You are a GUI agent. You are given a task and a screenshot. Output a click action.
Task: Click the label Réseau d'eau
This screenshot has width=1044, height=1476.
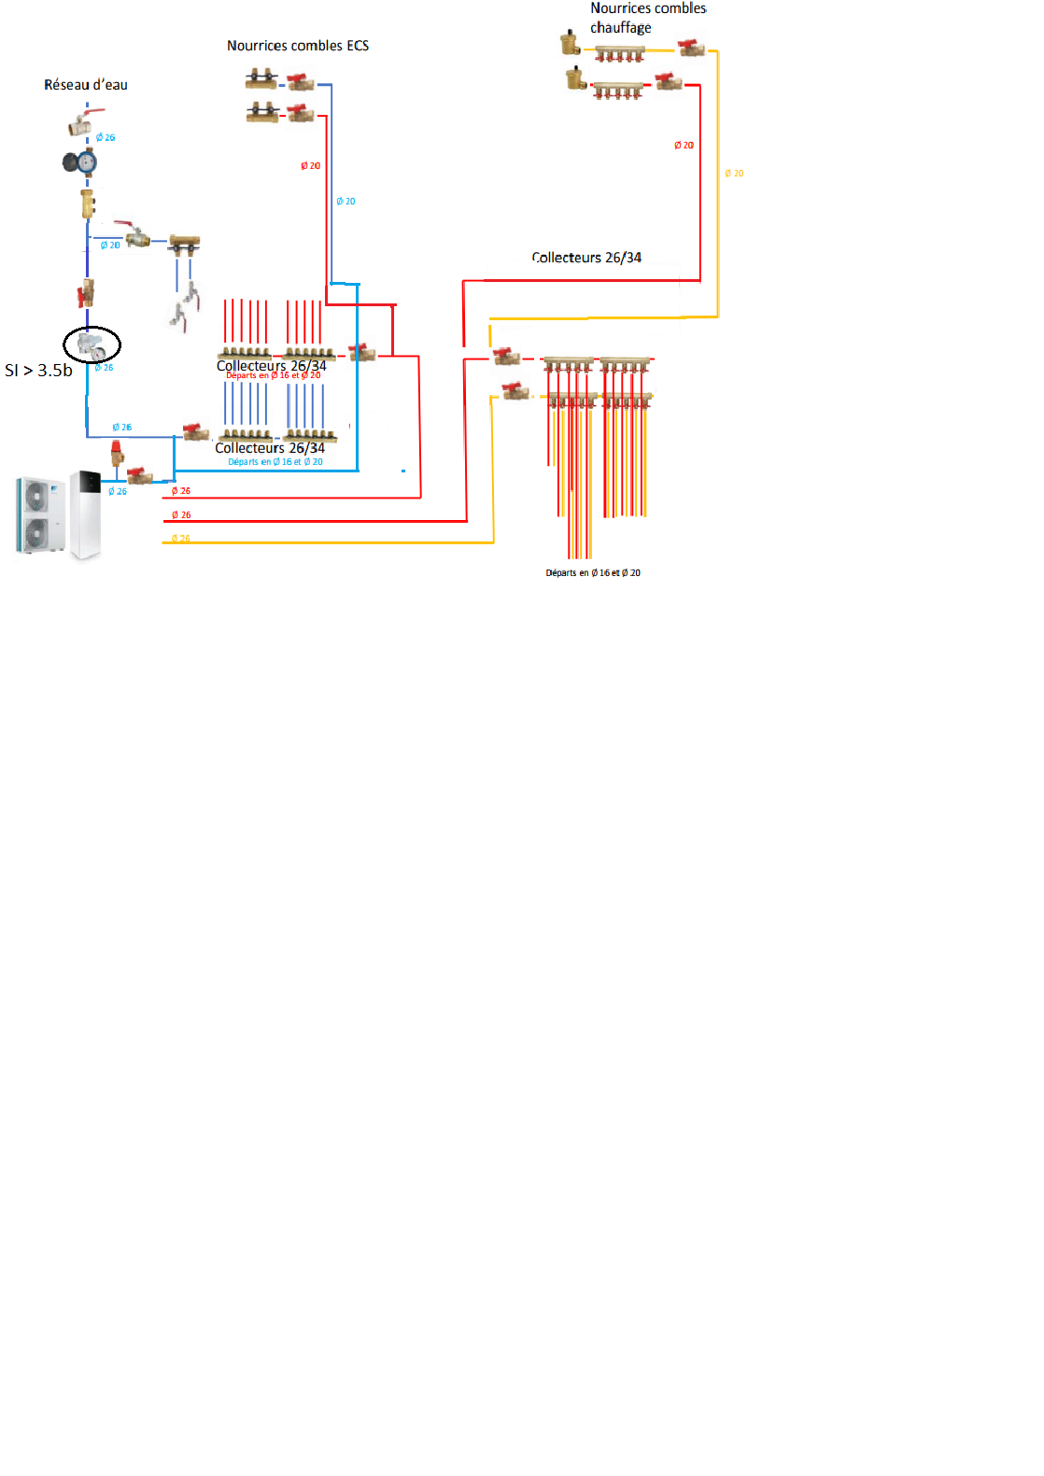click(x=86, y=85)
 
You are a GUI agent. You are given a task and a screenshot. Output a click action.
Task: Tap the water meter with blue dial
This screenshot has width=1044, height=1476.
click(x=81, y=162)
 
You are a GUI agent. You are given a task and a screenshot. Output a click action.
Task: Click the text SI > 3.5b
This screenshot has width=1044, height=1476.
click(x=38, y=371)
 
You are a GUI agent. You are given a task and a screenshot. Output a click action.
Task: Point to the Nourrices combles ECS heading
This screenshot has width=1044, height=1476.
click(x=298, y=46)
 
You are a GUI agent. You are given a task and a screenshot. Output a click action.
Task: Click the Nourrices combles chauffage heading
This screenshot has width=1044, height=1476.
click(x=647, y=18)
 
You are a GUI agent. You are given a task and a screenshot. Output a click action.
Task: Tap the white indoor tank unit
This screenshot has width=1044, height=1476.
click(x=86, y=514)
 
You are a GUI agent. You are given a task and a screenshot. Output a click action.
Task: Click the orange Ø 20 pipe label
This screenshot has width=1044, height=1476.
click(x=734, y=174)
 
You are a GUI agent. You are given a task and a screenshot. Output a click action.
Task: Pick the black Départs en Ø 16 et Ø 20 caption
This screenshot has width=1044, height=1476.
click(x=593, y=573)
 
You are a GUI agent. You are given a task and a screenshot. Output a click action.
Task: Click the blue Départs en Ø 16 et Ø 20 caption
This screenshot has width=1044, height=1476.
click(x=275, y=462)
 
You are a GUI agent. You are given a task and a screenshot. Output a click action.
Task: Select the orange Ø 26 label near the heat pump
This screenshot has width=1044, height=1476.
click(x=181, y=539)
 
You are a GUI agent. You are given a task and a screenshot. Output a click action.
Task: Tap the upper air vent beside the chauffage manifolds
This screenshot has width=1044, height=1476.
click(x=570, y=43)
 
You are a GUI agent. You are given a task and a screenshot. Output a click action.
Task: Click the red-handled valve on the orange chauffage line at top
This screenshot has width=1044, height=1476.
click(x=691, y=48)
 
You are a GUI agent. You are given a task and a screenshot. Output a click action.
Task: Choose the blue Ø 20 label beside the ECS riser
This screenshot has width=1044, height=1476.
click(x=346, y=202)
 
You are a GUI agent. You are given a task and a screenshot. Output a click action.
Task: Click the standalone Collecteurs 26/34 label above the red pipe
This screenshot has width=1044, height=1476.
click(x=586, y=258)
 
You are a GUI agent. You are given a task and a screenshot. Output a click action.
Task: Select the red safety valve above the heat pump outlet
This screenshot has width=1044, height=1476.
click(x=117, y=454)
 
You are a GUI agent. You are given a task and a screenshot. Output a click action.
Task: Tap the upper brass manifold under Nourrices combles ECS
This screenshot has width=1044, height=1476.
click(x=261, y=79)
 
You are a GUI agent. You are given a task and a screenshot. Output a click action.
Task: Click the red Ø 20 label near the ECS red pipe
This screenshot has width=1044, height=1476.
click(x=310, y=166)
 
